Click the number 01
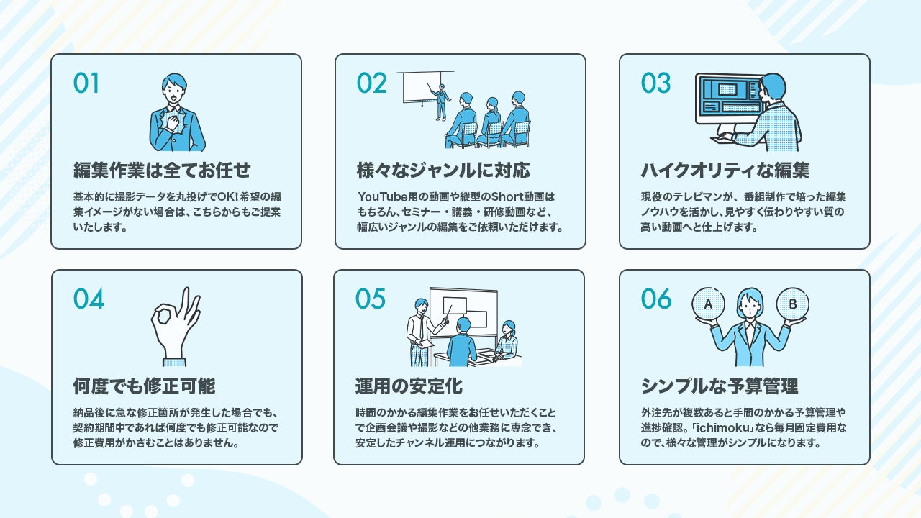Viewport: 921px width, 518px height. click(x=86, y=83)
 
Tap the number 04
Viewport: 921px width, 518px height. click(x=89, y=299)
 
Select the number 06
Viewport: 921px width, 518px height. click(x=655, y=299)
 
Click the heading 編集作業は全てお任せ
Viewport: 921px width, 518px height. click(x=162, y=171)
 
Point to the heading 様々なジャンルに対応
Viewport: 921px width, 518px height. click(x=443, y=171)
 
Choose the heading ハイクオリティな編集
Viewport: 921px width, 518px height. click(x=725, y=171)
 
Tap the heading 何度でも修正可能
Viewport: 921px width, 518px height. click(x=144, y=386)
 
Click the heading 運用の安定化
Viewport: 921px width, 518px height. click(x=409, y=386)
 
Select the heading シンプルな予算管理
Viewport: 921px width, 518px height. click(x=720, y=386)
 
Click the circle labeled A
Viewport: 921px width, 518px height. click(x=708, y=305)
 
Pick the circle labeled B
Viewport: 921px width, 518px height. click(x=792, y=305)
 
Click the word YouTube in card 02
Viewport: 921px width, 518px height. click(x=381, y=196)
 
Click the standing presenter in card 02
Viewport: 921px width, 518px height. click(x=440, y=101)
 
